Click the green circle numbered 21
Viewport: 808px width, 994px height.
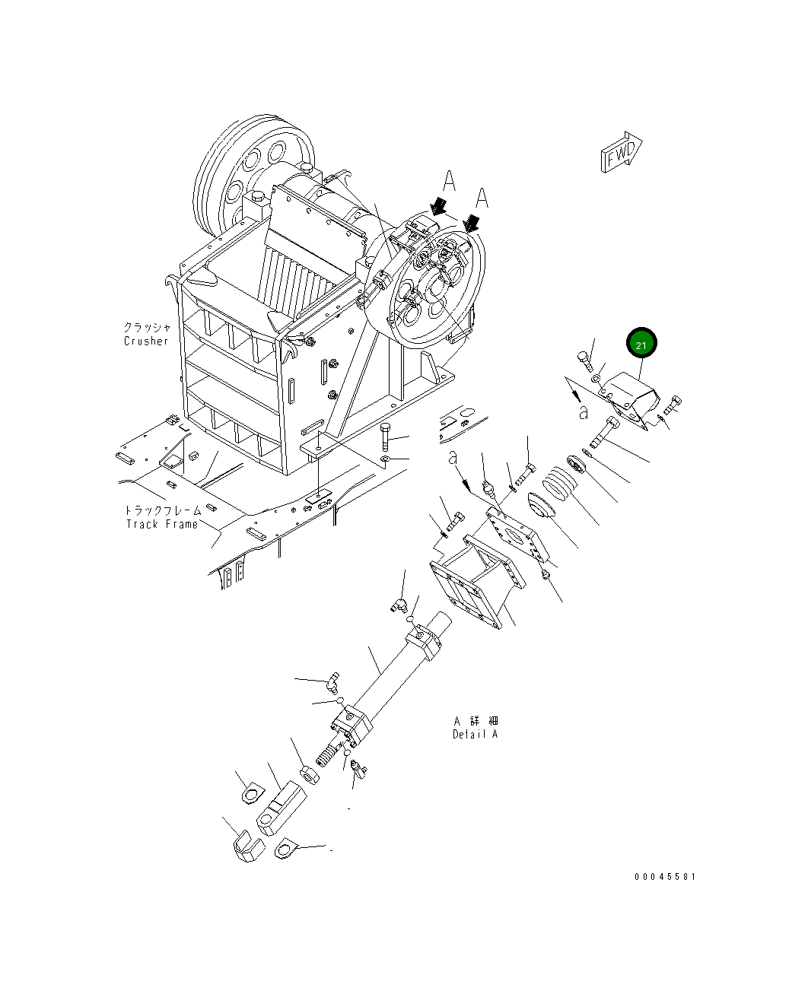pos(641,345)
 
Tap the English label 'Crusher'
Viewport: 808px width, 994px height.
pos(146,341)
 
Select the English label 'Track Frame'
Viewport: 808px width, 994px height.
pos(161,524)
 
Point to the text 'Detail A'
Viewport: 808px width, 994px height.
pos(476,734)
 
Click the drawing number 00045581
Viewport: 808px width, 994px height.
pos(665,876)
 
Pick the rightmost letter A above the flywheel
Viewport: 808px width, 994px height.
pos(482,198)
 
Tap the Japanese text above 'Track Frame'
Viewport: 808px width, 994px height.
pos(163,510)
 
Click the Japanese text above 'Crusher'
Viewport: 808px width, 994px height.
pos(147,327)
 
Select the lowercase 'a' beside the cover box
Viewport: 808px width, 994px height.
pos(583,412)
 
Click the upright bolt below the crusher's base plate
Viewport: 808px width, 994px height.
pos(385,437)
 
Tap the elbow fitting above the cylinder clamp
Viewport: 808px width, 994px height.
pos(399,604)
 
